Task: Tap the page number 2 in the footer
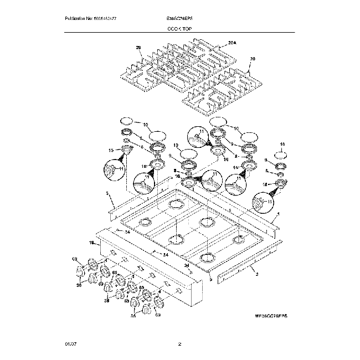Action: tap(180, 344)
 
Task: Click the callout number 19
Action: tap(91, 242)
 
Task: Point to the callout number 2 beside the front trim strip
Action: tap(257, 272)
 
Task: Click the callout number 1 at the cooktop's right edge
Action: tap(278, 214)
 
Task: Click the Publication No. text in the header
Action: tap(91, 18)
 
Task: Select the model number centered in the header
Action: tap(180, 18)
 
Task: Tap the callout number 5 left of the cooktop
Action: tap(107, 193)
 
